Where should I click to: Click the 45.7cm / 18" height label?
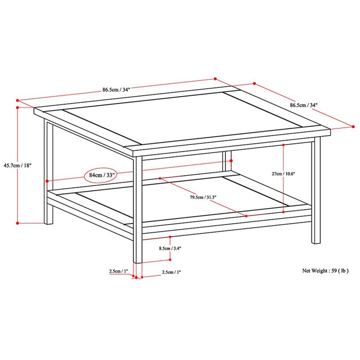point(17,165)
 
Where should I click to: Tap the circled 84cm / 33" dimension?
point(102,175)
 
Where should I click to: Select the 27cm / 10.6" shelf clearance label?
point(283,174)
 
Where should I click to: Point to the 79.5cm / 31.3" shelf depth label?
point(203,197)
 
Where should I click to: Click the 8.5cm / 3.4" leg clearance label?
point(170,248)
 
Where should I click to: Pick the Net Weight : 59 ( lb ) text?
point(325,271)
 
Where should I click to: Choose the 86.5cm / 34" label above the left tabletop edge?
point(116,90)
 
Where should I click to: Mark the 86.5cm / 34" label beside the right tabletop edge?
point(303,105)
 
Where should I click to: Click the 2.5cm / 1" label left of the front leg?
point(118,271)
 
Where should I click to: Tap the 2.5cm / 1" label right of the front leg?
point(171,272)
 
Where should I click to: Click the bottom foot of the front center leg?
point(138,262)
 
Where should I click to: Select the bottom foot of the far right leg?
point(316,242)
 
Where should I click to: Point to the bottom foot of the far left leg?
point(49,223)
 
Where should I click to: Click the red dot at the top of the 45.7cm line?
point(18,107)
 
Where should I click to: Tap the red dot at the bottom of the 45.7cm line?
point(18,223)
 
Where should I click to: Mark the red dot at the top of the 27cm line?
point(283,145)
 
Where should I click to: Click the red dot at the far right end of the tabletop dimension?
point(353,126)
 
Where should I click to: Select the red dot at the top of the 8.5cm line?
point(170,237)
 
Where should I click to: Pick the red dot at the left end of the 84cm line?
point(47,181)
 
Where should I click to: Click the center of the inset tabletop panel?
point(182,118)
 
